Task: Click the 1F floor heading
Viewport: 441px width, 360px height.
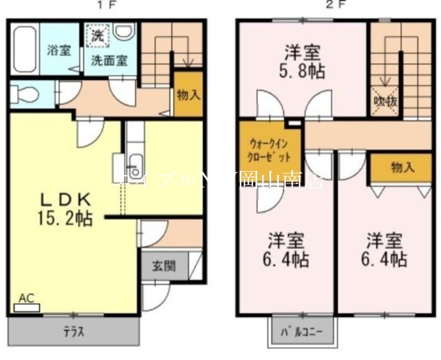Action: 107,6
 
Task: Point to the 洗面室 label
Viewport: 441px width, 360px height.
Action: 109,61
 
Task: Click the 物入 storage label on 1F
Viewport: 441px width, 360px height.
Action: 189,94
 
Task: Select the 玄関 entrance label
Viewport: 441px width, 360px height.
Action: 164,266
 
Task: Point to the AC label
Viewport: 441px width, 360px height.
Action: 26,298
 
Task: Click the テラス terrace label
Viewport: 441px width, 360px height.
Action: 73,332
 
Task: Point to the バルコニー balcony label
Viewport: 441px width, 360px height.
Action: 301,332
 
